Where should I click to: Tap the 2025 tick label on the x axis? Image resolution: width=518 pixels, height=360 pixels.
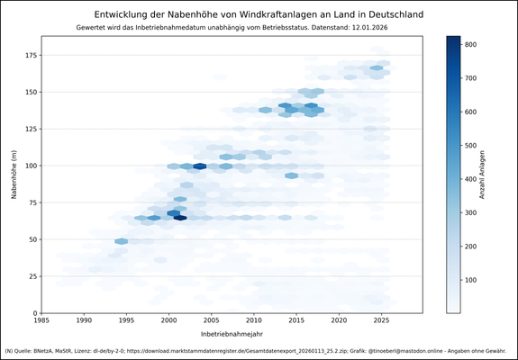point(381,320)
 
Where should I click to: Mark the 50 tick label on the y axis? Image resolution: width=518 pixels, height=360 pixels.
point(32,239)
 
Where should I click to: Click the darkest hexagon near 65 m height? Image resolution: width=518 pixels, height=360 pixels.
point(180,218)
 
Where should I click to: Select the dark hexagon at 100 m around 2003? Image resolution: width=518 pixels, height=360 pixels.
point(200,166)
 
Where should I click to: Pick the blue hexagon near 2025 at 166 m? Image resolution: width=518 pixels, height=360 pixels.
point(377,67)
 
